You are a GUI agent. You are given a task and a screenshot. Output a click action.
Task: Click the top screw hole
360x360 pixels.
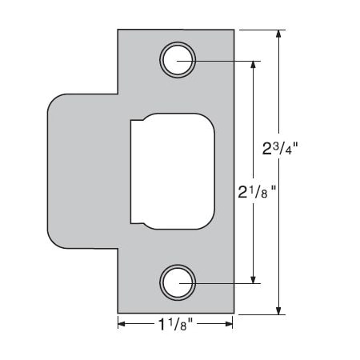click(177, 60)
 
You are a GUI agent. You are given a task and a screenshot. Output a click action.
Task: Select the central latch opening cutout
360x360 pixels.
click(173, 170)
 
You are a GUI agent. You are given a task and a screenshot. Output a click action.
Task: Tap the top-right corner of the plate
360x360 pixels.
click(233, 31)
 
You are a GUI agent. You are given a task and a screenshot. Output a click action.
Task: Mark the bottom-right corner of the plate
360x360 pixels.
click(233, 313)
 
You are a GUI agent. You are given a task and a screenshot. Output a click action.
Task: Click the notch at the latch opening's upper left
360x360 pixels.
click(135, 122)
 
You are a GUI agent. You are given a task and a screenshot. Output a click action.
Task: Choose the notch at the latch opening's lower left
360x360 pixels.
click(135, 218)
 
